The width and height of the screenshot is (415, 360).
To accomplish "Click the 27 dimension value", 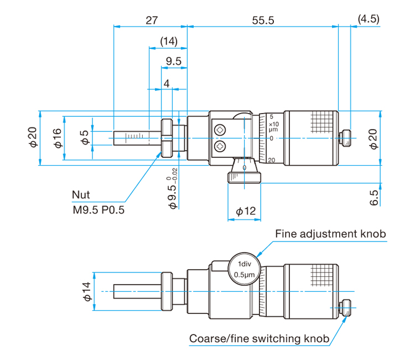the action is tap(152, 20).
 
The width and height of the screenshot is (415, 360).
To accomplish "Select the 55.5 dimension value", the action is tap(263, 20).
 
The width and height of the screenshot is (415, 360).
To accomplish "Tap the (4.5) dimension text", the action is tap(369, 19).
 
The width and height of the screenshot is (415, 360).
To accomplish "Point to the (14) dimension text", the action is tap(169, 42).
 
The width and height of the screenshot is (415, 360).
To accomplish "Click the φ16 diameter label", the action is tap(58, 138).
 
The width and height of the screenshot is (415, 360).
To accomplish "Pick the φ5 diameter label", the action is tap(85, 137).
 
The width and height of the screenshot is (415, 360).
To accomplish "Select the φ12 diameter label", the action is tap(246, 211).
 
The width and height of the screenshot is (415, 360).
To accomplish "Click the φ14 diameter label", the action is tap(87, 291).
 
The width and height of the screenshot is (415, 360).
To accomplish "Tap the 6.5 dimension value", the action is tap(374, 198).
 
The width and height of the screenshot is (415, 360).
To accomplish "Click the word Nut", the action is tap(81, 195).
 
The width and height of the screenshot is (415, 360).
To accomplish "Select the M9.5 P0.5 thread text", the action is tap(98, 210).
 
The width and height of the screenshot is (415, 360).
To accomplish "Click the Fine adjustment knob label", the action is tap(330, 234).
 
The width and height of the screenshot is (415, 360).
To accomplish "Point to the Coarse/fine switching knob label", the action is tap(259, 338).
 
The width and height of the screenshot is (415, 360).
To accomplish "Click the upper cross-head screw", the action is tap(220, 130).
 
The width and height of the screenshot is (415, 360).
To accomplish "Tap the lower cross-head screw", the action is tap(220, 146).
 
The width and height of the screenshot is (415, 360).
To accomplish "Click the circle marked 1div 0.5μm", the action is tap(245, 269).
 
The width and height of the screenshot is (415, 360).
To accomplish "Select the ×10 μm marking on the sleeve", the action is tap(273, 127).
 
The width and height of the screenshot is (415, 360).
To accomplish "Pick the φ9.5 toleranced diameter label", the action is tap(173, 188).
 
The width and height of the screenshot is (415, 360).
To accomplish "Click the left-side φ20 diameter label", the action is tap(33, 137).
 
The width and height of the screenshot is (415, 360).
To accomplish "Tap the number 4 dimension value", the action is tap(167, 84).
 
